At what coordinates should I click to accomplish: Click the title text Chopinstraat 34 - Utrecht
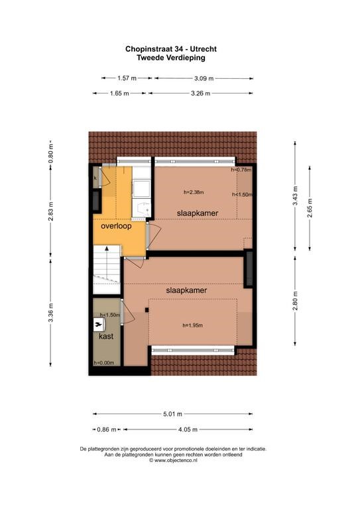tap(171, 49)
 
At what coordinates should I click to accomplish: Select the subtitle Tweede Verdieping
tap(171, 58)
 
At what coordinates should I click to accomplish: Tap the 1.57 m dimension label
tap(127, 78)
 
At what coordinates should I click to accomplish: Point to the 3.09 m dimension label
tap(204, 78)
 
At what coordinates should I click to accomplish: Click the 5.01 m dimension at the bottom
tap(172, 414)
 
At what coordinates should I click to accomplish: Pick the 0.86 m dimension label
tap(107, 429)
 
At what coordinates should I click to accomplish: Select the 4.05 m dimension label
tap(188, 429)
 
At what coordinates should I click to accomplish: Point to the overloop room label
tap(116, 226)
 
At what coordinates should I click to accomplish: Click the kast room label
tap(106, 336)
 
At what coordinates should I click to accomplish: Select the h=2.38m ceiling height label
tap(194, 192)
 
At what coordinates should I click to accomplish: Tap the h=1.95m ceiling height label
tap(193, 325)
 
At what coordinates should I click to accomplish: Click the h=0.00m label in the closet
tap(103, 363)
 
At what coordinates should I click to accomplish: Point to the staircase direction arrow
tap(107, 260)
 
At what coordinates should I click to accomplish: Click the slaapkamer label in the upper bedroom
tap(198, 213)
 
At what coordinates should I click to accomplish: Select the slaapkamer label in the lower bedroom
tap(186, 290)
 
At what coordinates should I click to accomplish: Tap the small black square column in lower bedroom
tap(147, 310)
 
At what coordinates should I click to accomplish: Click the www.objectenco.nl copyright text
tap(173, 461)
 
